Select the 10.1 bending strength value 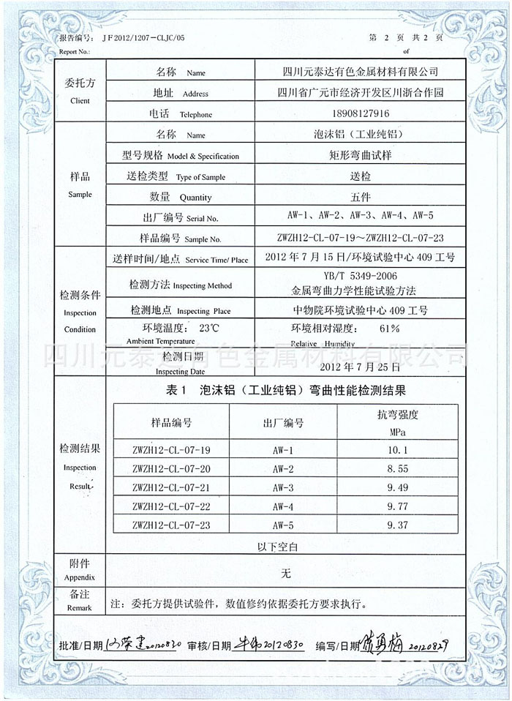[399, 449]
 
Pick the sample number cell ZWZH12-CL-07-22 [172, 506]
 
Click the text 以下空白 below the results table [276, 546]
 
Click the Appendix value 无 [286, 574]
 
